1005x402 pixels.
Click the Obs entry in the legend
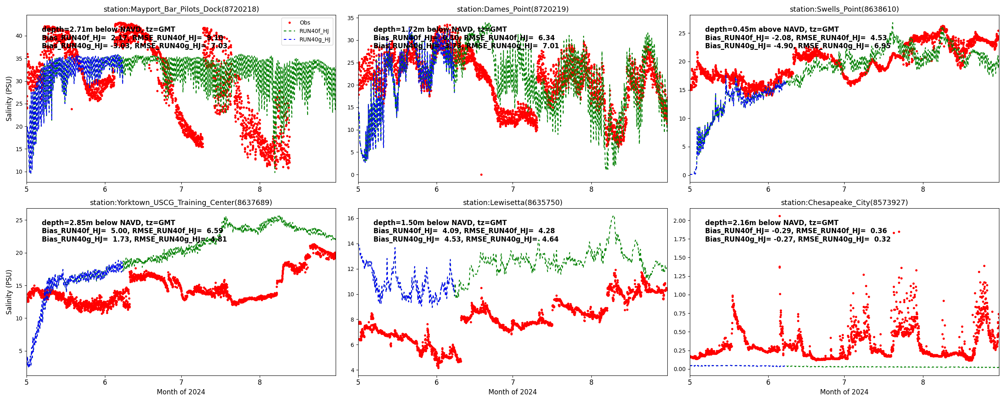(x=305, y=23)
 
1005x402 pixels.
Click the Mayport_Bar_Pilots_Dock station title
(x=181, y=9)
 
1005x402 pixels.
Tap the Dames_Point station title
(x=513, y=9)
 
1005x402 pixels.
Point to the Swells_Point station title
(x=844, y=9)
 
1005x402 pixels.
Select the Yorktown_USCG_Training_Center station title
(x=181, y=203)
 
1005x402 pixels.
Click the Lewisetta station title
(x=513, y=203)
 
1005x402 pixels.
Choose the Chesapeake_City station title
(x=844, y=203)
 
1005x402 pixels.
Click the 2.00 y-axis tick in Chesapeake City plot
(x=680, y=221)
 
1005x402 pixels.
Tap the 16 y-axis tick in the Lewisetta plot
(x=350, y=219)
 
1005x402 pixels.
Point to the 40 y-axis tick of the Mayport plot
(x=18, y=36)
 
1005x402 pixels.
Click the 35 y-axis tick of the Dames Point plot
(x=350, y=18)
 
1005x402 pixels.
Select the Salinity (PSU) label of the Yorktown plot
(x=9, y=292)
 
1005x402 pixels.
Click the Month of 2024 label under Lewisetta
(x=513, y=392)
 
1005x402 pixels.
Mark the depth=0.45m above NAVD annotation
(x=772, y=29)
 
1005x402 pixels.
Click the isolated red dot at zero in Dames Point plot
(x=481, y=175)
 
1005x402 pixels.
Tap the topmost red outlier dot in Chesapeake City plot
(x=779, y=216)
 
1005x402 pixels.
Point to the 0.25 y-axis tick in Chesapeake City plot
(x=680, y=351)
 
